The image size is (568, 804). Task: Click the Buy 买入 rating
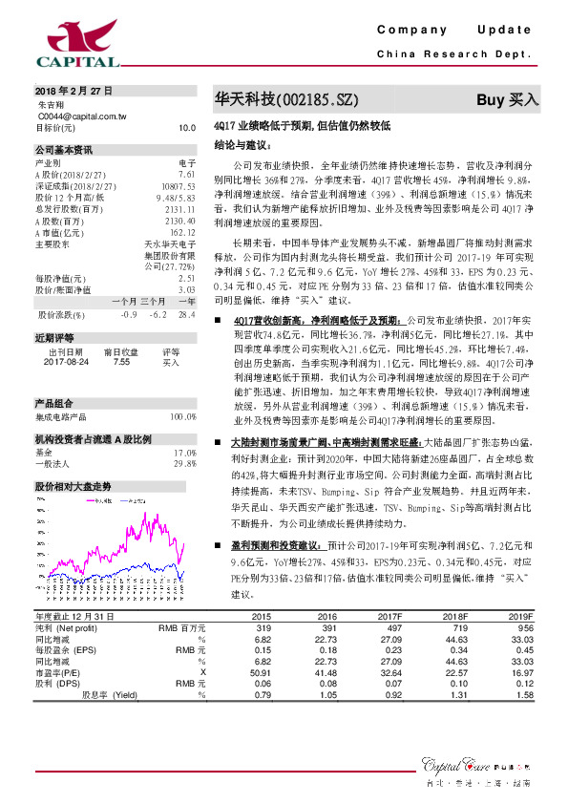click(x=508, y=99)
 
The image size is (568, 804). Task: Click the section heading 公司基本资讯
click(x=64, y=151)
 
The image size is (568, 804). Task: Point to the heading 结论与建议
click(x=242, y=145)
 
